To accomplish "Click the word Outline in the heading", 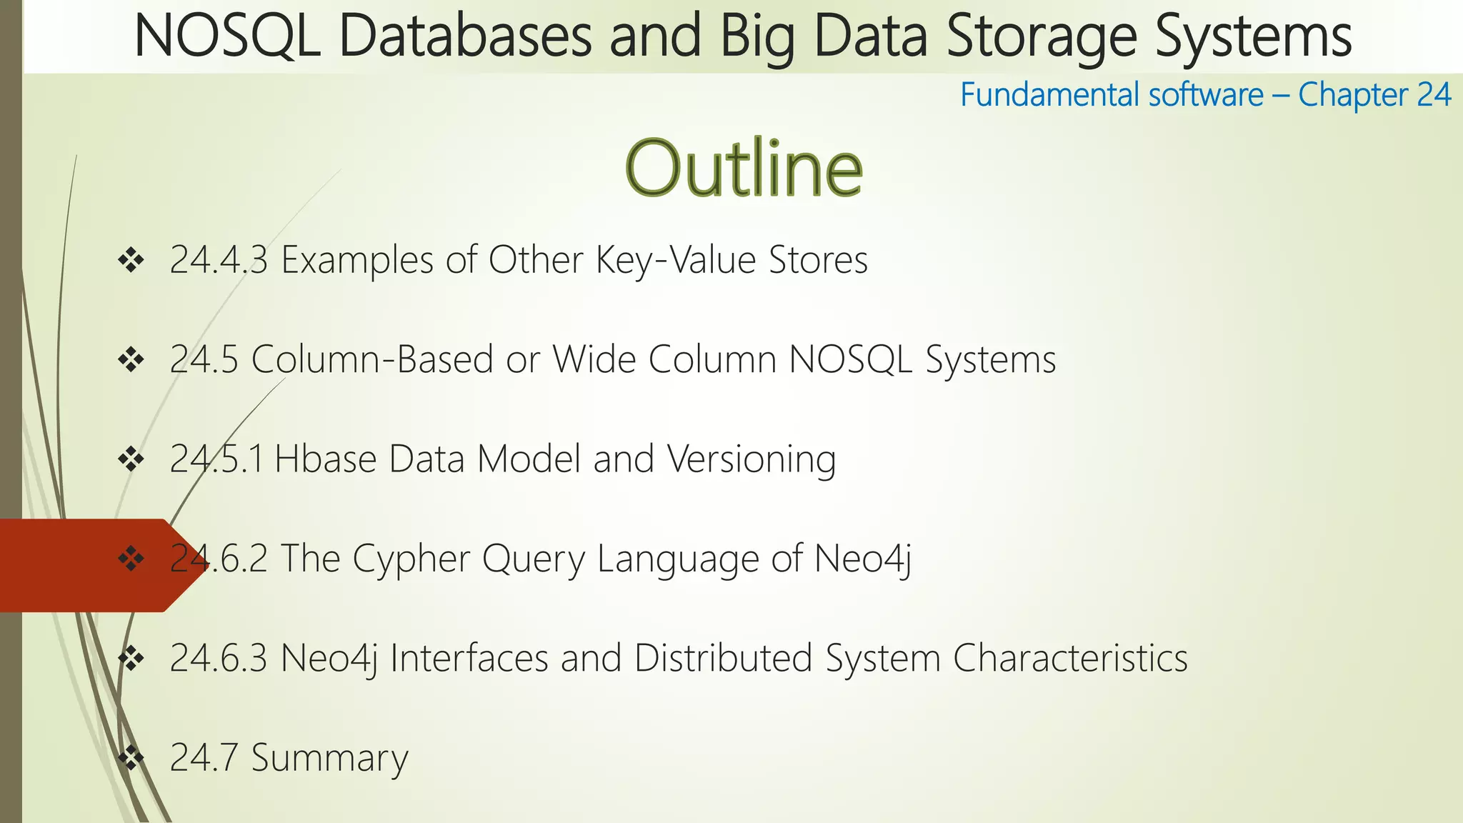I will (x=744, y=169).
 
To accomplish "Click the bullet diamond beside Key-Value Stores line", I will (x=131, y=260).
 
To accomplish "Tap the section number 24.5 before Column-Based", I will (x=204, y=359).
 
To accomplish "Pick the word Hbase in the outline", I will (x=325, y=459).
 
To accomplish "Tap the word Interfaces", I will (x=469, y=658).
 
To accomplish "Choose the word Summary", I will (x=329, y=758).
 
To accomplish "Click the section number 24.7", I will (x=204, y=758).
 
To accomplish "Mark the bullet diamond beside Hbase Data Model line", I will (x=131, y=459).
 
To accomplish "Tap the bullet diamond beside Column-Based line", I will (x=131, y=360).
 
